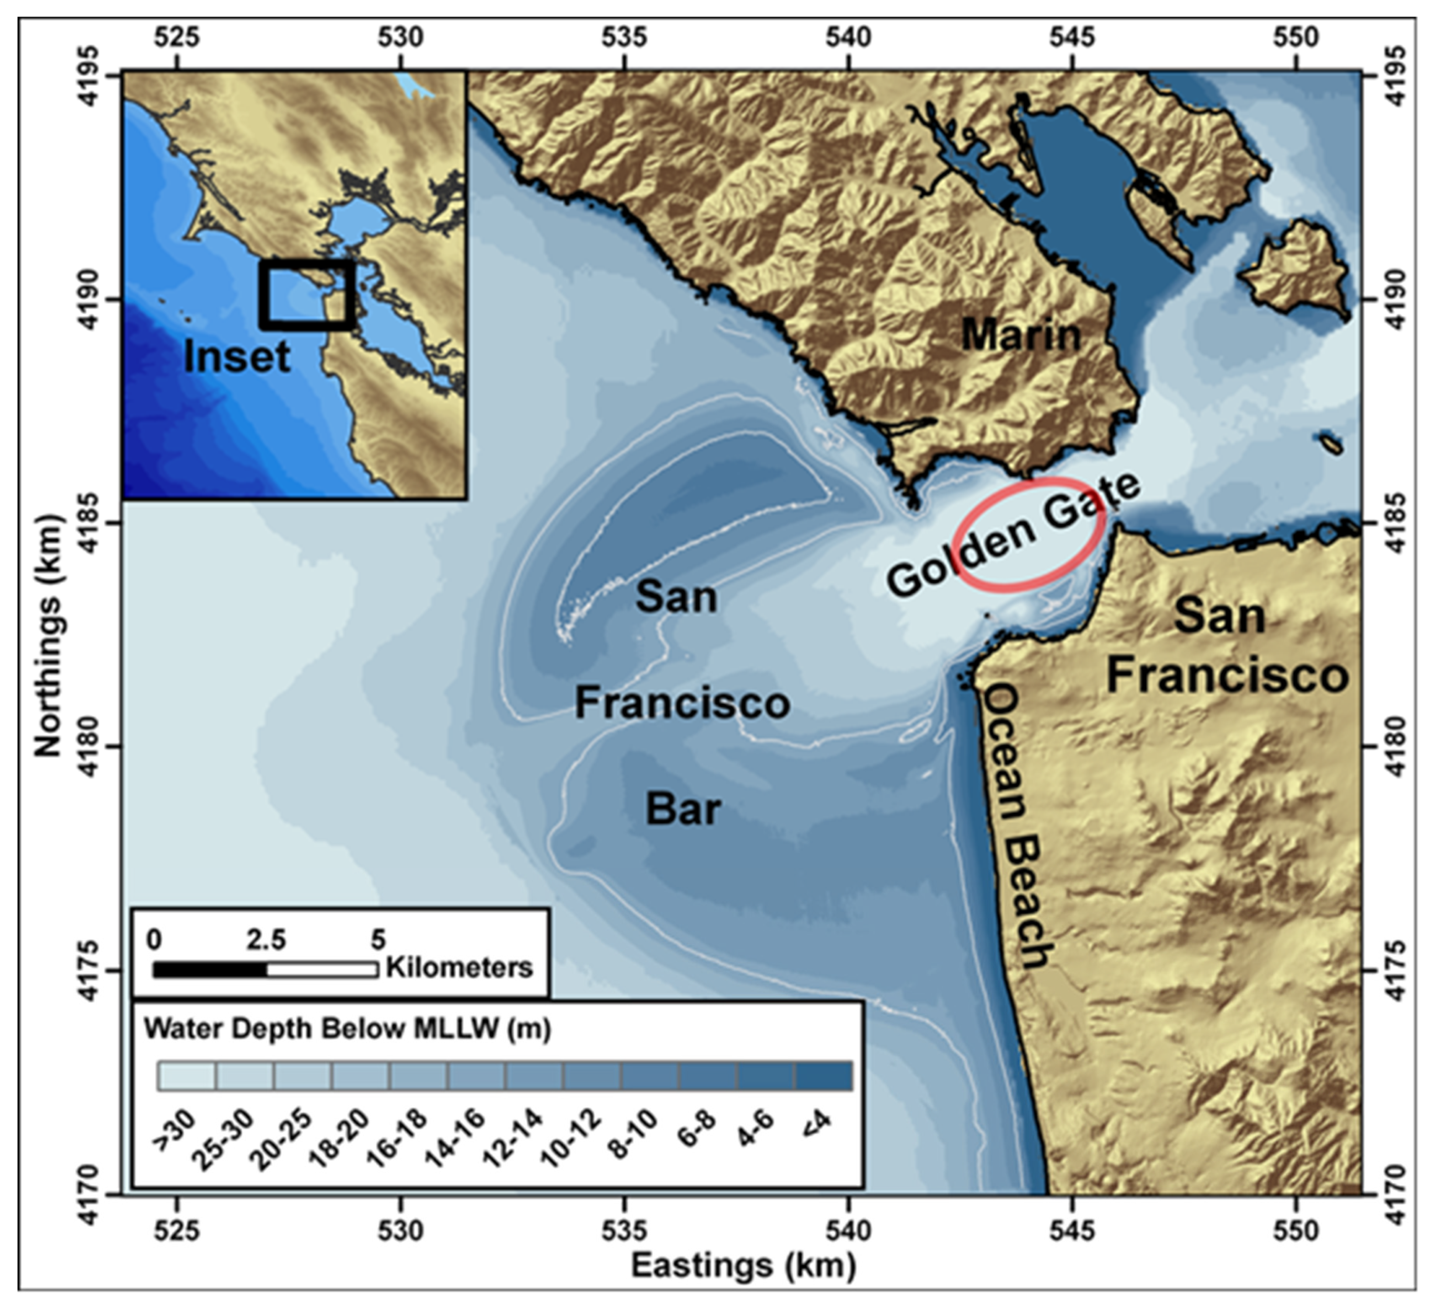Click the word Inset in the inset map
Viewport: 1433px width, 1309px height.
click(x=237, y=356)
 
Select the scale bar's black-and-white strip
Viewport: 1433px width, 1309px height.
click(x=265, y=970)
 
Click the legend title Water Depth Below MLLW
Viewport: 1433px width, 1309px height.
click(x=347, y=1029)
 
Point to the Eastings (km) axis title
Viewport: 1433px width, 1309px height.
click(x=743, y=1266)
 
